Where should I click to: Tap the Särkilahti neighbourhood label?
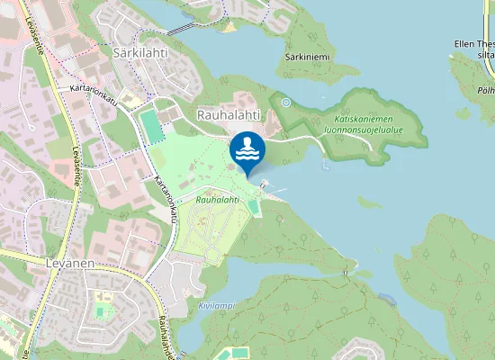tap(141, 53)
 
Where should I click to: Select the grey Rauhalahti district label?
tap(229, 114)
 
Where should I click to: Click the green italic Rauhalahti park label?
tap(218, 199)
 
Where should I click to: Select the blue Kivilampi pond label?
tap(216, 305)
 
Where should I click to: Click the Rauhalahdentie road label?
tap(164, 333)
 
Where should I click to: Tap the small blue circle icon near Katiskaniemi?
tap(286, 103)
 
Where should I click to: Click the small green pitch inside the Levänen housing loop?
tap(102, 311)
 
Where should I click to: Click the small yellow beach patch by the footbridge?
tap(229, 26)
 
